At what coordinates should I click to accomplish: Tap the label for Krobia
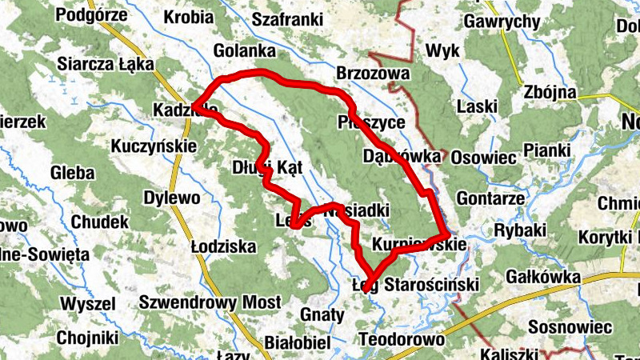click(188, 17)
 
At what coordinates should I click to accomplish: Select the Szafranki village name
click(286, 20)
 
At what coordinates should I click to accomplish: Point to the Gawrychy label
click(502, 22)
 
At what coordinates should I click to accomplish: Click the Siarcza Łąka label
click(98, 64)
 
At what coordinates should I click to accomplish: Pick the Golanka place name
click(245, 52)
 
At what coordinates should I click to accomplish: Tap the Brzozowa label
click(373, 74)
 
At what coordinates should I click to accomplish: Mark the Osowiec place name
click(484, 158)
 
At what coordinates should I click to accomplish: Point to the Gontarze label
click(490, 198)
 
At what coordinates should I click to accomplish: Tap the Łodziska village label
click(223, 246)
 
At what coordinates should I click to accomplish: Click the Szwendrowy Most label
click(210, 302)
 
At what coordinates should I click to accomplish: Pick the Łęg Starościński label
click(415, 285)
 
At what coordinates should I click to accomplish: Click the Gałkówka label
click(543, 277)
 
